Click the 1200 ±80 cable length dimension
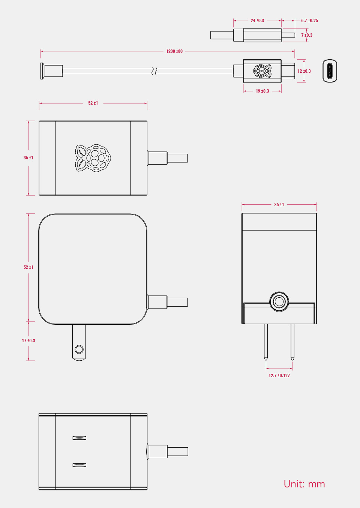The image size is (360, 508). pyautogui.click(x=174, y=51)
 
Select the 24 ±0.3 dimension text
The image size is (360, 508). pyautogui.click(x=257, y=21)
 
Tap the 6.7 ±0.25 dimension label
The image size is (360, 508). pyautogui.click(x=309, y=21)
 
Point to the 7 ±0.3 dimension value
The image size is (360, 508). pyautogui.click(x=307, y=35)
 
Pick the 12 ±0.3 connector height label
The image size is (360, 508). pyautogui.click(x=304, y=71)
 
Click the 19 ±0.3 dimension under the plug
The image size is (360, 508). pyautogui.click(x=262, y=91)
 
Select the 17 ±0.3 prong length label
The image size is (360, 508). pyautogui.click(x=28, y=341)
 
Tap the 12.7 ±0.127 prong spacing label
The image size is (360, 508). pyautogui.click(x=279, y=376)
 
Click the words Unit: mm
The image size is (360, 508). pyautogui.click(x=304, y=484)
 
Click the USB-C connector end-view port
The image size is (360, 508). pyautogui.click(x=330, y=71)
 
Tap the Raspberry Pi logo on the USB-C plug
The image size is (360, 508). pyautogui.click(x=262, y=71)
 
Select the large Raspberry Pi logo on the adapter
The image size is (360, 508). pyautogui.click(x=93, y=158)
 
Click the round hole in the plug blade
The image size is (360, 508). pyautogui.click(x=79, y=349)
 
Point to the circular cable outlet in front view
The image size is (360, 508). pyautogui.click(x=279, y=301)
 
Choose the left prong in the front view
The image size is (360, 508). pyautogui.click(x=266, y=341)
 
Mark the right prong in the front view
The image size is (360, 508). pyautogui.click(x=292, y=341)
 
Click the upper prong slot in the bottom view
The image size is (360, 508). pyautogui.click(x=79, y=438)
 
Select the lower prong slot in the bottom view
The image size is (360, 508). pyautogui.click(x=79, y=465)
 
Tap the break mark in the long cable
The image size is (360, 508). pyautogui.click(x=154, y=71)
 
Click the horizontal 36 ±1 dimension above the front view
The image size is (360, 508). pyautogui.click(x=279, y=205)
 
